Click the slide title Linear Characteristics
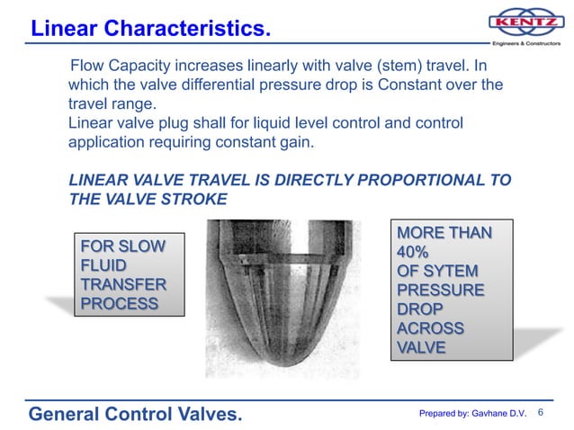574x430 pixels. click(150, 29)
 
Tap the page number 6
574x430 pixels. click(542, 413)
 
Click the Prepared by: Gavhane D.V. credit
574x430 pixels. click(472, 414)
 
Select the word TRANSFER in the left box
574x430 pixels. click(124, 284)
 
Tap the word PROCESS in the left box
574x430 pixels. click(120, 303)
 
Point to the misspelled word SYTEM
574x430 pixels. click(447, 271)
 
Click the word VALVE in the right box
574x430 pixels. click(421, 347)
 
